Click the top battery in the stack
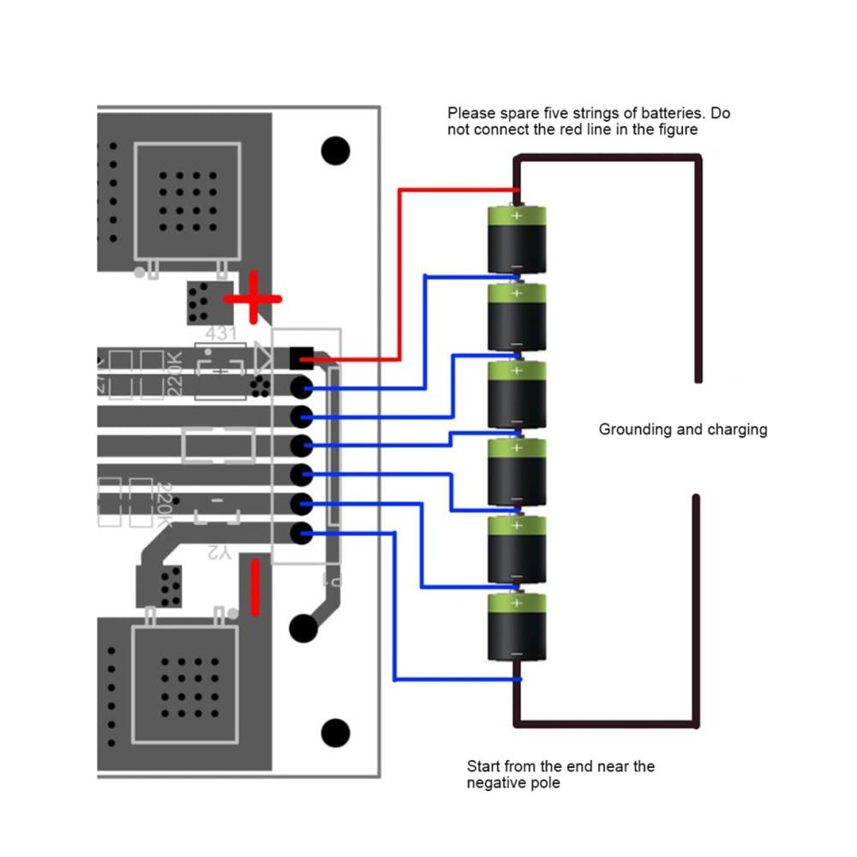tap(517, 240)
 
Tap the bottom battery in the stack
tap(517, 627)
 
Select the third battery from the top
tap(517, 395)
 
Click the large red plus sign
tap(253, 299)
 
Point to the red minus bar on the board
tap(255, 587)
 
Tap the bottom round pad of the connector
tap(300, 534)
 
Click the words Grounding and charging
tap(682, 429)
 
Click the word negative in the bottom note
tap(497, 783)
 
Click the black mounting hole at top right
tap(336, 151)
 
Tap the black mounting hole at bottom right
tap(335, 734)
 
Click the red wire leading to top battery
tap(399, 274)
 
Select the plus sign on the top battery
tap(517, 216)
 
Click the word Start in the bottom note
tap(484, 766)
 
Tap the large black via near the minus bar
tap(303, 628)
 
